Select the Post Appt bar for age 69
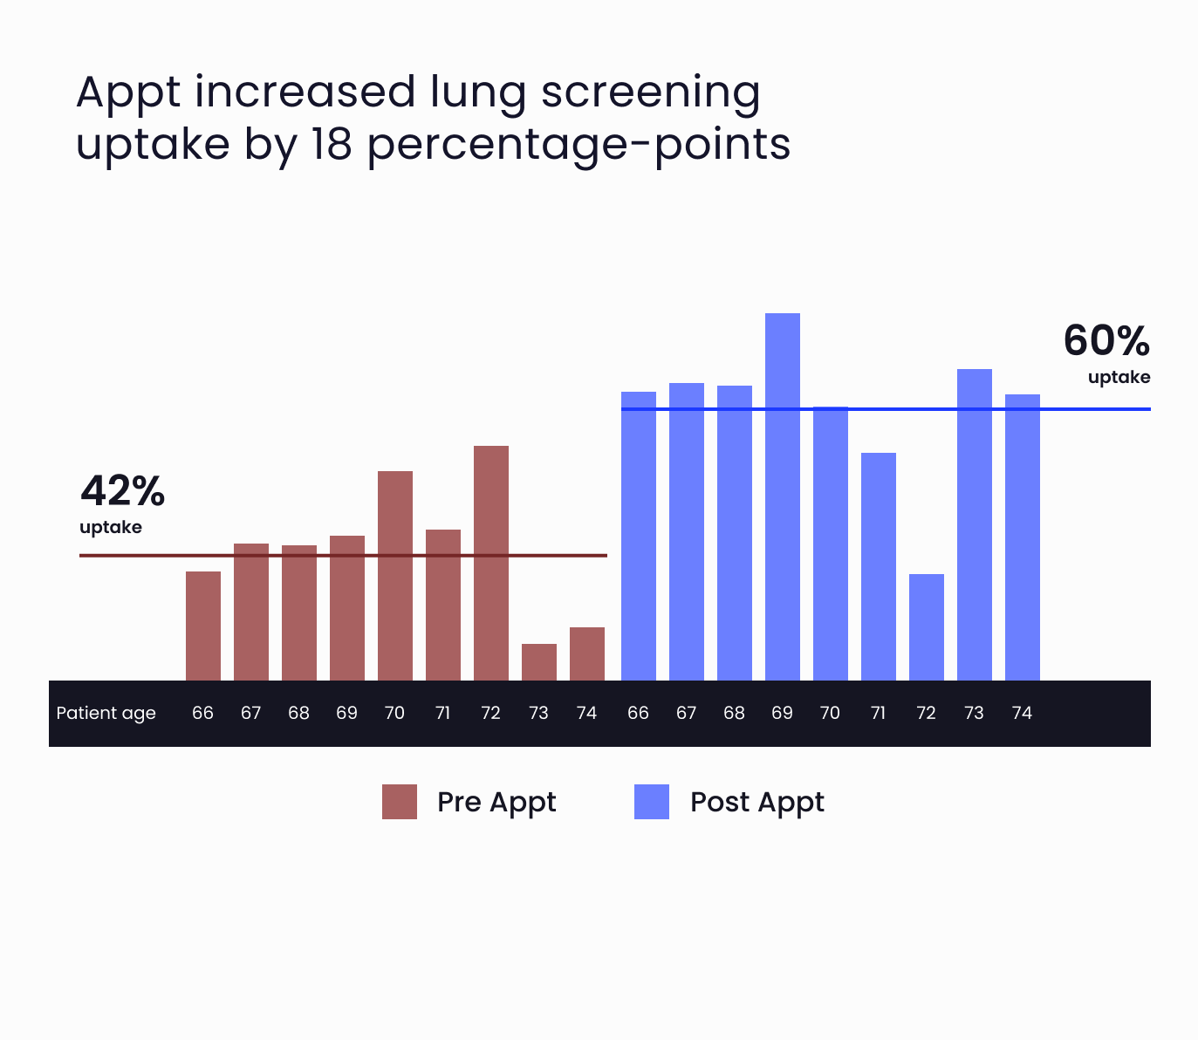click(x=782, y=496)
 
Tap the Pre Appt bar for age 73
click(x=538, y=662)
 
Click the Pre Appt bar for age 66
click(x=202, y=626)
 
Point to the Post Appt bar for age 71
click(x=878, y=566)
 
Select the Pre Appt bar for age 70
click(x=394, y=576)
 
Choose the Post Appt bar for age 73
click(x=974, y=524)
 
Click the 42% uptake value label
click(x=122, y=491)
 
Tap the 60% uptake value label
click(x=1106, y=341)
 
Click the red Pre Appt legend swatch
click(x=400, y=802)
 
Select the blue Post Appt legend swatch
click(x=652, y=802)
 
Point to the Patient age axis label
click(x=106, y=713)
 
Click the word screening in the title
click(x=650, y=92)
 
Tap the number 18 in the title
click(x=331, y=144)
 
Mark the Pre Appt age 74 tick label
click(x=586, y=713)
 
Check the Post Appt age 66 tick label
click(x=638, y=713)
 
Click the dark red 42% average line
click(x=131, y=555)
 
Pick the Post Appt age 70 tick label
click(x=830, y=713)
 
